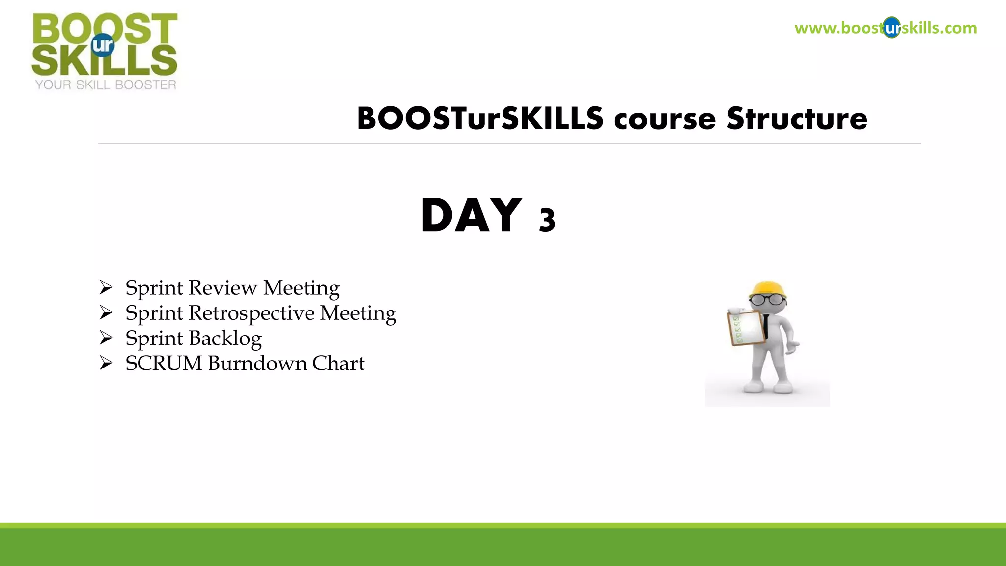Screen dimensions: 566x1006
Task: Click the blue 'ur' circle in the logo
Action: tap(103, 45)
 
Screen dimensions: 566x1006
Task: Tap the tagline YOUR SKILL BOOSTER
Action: tap(106, 85)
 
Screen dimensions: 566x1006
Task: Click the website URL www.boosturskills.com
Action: tap(885, 28)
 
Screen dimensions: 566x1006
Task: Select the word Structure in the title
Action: tap(797, 119)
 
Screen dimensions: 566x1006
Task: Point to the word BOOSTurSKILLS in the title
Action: tap(480, 119)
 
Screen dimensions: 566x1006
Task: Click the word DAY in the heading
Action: tap(471, 216)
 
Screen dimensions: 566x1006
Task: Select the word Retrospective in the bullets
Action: tap(251, 313)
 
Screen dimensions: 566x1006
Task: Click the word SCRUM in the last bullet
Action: tap(164, 364)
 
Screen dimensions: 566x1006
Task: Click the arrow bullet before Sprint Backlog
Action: tap(106, 338)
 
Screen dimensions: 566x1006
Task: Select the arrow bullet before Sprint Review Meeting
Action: tap(106, 287)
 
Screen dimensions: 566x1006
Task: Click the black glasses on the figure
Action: tap(767, 299)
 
